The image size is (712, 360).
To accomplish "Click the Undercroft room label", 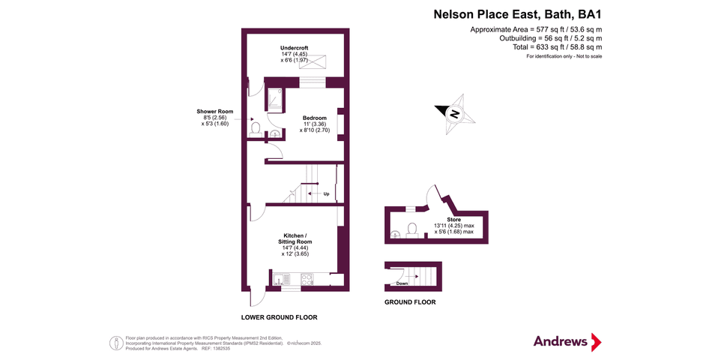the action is point(295,48).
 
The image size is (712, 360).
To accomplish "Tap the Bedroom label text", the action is point(315,118).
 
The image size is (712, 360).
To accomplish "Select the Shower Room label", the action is point(215,111).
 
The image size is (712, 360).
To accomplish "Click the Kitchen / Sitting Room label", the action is point(295,238).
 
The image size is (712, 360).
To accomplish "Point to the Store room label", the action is point(453,220).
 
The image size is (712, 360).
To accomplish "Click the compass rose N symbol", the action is point(454,114).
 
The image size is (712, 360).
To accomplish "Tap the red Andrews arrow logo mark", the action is point(597,342).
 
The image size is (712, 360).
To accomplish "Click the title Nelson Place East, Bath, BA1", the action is point(518,14).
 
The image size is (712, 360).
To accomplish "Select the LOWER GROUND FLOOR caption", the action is point(280,317).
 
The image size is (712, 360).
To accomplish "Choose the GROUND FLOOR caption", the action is point(410,301).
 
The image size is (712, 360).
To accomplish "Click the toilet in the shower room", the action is point(255,129).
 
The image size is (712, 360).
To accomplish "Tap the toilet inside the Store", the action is point(412,229).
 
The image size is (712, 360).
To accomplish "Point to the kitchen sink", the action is point(280,279).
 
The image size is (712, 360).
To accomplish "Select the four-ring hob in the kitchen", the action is point(307,279).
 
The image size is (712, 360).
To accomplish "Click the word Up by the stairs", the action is point(326,194).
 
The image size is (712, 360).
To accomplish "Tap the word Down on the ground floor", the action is point(402,283).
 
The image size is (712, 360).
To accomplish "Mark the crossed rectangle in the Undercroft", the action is point(313,61).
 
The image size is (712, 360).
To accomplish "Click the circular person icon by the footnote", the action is point(116,343).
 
